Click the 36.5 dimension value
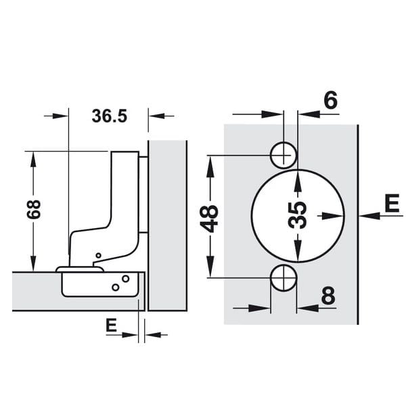[110, 116]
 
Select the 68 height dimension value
[34, 209]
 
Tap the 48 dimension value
[210, 219]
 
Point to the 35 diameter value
[297, 215]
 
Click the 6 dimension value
[331, 100]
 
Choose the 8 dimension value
[328, 295]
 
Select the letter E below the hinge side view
[111, 325]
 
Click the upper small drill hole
[284, 156]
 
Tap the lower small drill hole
[284, 278]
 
